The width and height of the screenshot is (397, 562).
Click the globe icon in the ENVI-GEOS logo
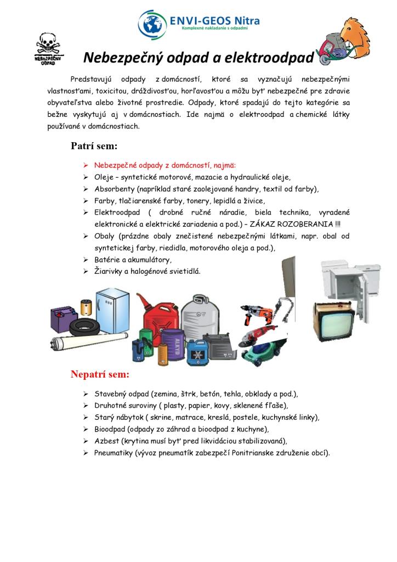pos(152,23)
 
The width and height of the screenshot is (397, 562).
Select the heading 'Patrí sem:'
pos(94,147)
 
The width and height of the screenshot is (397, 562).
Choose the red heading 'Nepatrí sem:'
pos(100,374)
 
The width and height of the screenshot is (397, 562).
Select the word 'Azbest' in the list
pos(105,441)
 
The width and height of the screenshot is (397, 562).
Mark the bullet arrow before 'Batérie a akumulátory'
pos(86,260)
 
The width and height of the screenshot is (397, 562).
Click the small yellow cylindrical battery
pos(86,306)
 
